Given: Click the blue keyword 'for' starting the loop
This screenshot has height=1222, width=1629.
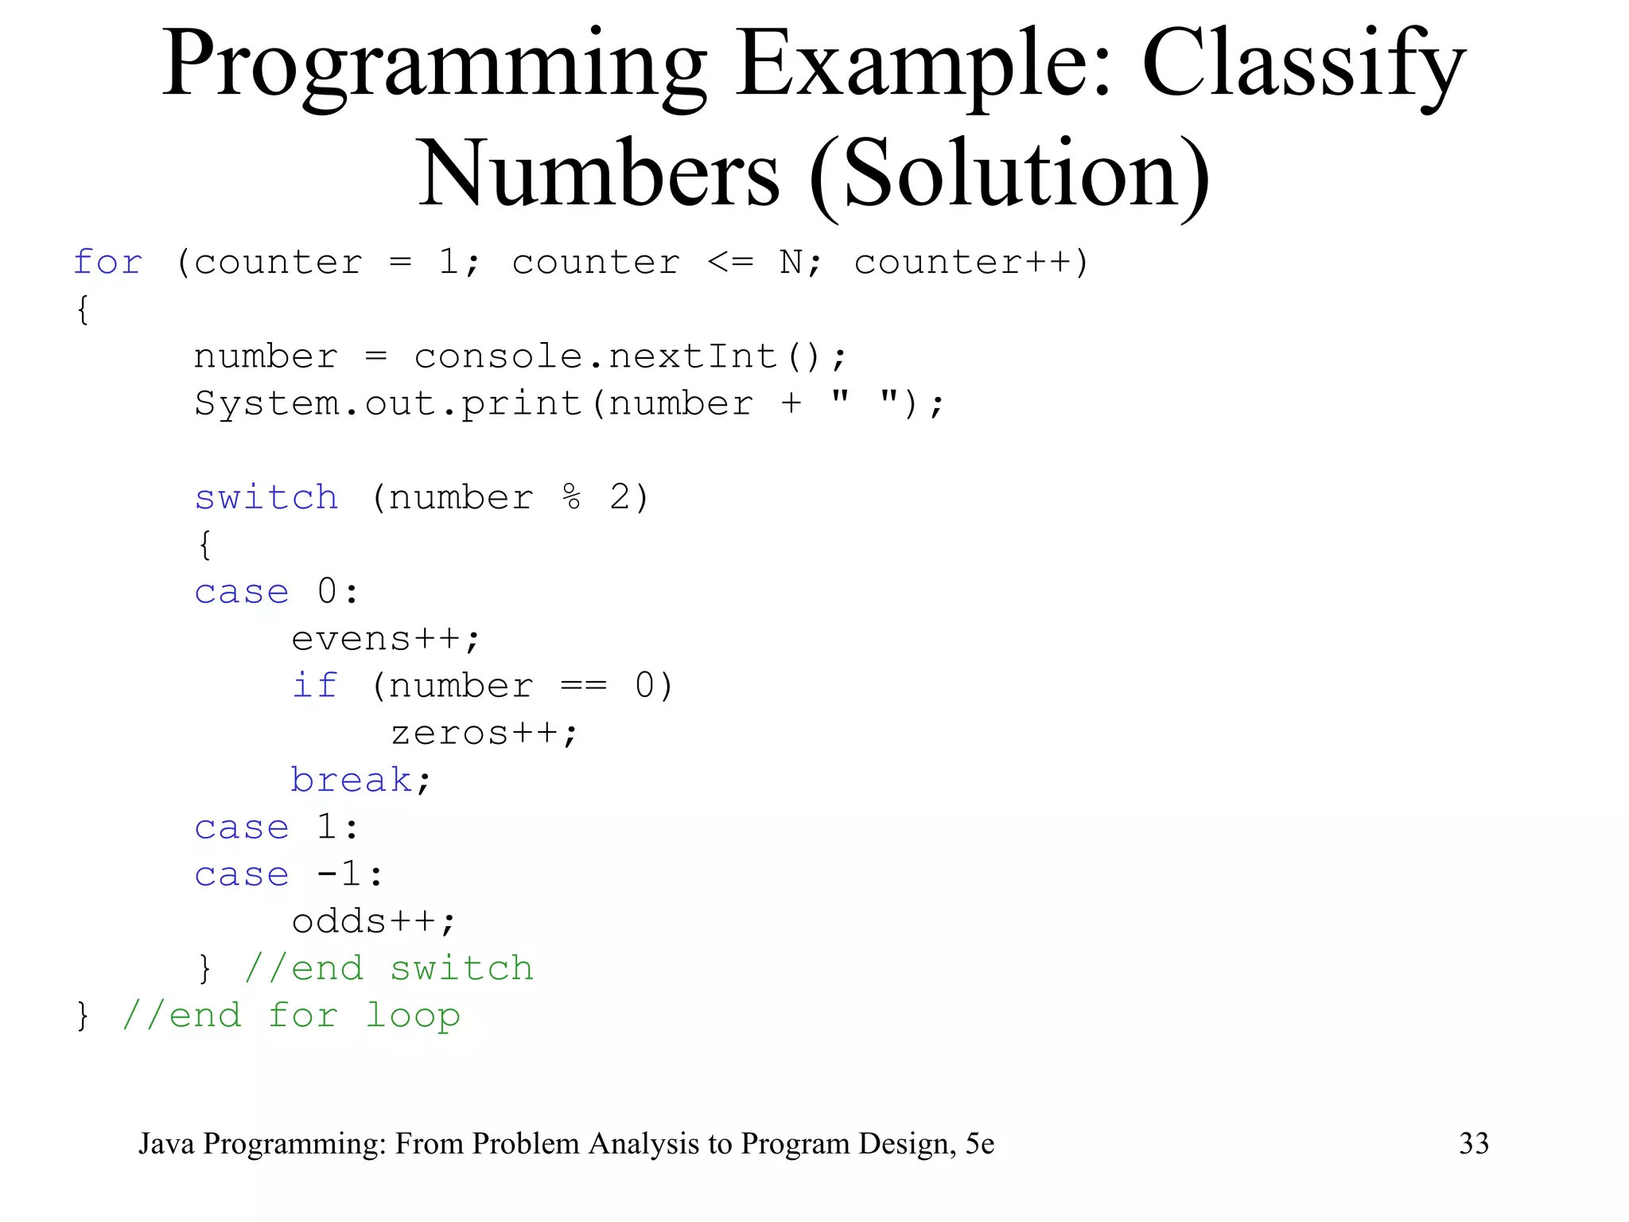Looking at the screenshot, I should (x=108, y=263).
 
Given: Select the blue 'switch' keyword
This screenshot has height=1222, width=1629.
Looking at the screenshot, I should (x=266, y=498).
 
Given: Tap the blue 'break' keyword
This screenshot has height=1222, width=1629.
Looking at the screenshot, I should (x=351, y=780).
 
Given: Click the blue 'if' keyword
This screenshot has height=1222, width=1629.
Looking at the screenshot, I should (x=315, y=686).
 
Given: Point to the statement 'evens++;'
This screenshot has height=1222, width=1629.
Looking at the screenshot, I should (x=386, y=640).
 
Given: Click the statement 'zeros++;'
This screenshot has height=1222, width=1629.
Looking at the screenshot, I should (x=484, y=734).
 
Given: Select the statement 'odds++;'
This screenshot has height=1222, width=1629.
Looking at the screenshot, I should (x=374, y=922).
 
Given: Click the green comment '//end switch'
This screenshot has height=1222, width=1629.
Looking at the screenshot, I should (x=389, y=969).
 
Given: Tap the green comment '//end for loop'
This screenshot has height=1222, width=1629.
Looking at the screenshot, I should (x=291, y=1016).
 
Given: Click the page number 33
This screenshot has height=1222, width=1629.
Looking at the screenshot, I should (x=1474, y=1144).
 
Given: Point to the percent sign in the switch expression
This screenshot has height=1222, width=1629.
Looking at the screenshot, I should (x=571, y=498).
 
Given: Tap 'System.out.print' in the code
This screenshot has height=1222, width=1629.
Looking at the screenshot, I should (x=389, y=404).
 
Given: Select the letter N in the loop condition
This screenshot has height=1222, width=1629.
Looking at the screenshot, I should (x=791, y=263).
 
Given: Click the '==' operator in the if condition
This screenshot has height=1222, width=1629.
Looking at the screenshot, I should (x=584, y=686).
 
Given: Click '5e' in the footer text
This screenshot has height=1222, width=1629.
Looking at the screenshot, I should (x=980, y=1144).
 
